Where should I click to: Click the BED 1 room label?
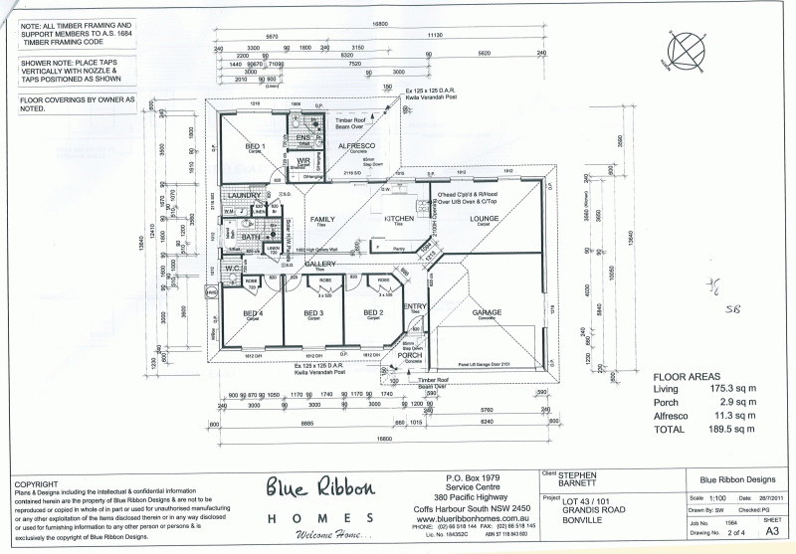coord(255,146)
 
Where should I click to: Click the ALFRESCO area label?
coord(355,146)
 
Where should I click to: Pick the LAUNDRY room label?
coord(243,196)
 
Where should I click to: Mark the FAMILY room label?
coord(322,218)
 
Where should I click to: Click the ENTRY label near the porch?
coord(416,306)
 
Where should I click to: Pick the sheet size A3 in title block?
coord(770,532)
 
